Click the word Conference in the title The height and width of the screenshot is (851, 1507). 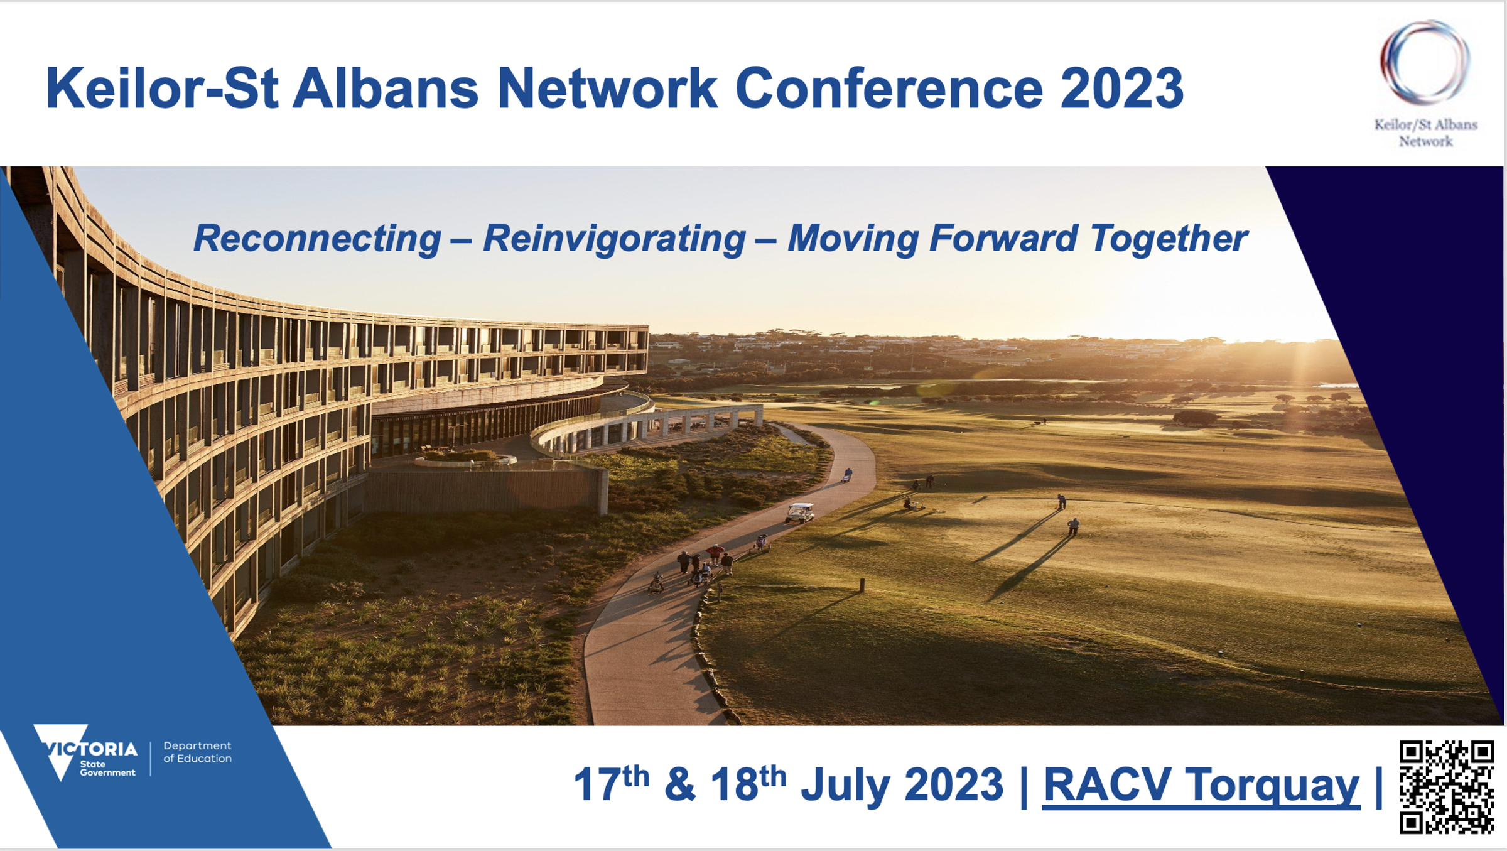(x=889, y=89)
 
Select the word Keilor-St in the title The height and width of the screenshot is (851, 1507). (x=162, y=89)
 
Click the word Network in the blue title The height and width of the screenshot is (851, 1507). (x=607, y=89)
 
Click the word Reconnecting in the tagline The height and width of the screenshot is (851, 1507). (x=317, y=239)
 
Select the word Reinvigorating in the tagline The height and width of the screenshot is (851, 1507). (x=614, y=239)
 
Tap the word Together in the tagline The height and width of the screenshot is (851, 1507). (x=1169, y=239)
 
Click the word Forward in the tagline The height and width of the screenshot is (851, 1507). (x=1003, y=239)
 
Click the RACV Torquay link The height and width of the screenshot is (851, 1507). (x=1201, y=786)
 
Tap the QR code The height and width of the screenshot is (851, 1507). (x=1447, y=788)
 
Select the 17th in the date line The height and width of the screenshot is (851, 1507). (x=611, y=783)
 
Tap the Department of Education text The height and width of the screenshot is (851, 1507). (x=197, y=752)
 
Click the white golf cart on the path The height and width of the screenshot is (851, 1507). (x=800, y=512)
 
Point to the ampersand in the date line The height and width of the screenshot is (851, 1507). (x=680, y=784)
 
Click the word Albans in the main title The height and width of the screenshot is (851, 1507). (x=386, y=89)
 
